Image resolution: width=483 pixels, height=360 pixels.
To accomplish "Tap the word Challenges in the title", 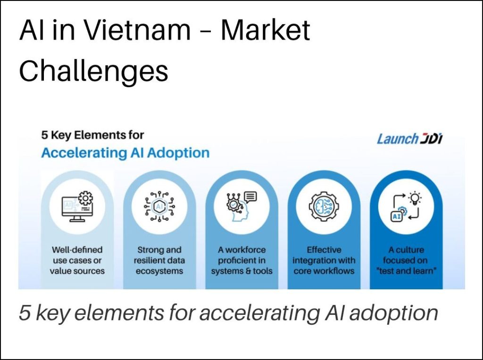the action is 94,71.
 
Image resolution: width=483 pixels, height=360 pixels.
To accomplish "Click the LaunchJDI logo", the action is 410,139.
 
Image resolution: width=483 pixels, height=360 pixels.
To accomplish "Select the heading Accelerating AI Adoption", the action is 125,153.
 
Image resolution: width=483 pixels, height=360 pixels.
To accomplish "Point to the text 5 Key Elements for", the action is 92,135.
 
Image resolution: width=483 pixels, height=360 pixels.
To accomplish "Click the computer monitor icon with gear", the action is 77,206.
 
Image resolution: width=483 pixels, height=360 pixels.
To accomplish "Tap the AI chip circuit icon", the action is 159,206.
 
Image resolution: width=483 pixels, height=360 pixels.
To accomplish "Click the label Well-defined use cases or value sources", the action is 77,260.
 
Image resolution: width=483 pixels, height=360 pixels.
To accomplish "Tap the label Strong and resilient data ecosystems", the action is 159,260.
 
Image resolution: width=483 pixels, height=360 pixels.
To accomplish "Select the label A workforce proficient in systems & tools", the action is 242,260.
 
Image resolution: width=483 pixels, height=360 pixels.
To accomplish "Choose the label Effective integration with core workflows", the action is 324,260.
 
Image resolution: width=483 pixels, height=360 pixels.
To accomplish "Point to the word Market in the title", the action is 266,30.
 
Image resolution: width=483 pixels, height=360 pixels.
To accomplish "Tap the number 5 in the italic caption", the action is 25,312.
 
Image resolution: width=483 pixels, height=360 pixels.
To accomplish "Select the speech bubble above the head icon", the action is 250,196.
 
